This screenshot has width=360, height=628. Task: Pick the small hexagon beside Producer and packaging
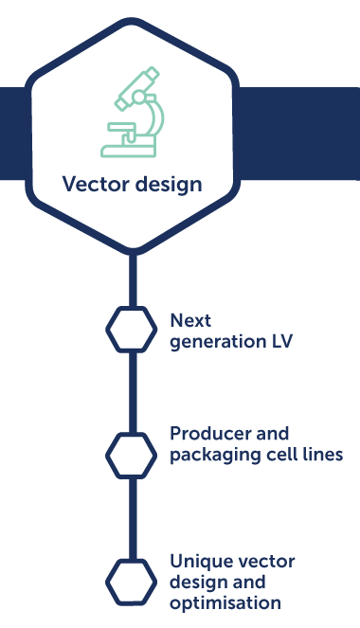(x=132, y=455)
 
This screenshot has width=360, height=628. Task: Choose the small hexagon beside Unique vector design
(x=132, y=581)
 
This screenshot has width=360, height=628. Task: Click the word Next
(x=190, y=321)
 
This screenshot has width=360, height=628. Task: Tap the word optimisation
(x=225, y=603)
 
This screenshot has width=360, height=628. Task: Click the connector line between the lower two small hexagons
(x=132, y=518)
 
